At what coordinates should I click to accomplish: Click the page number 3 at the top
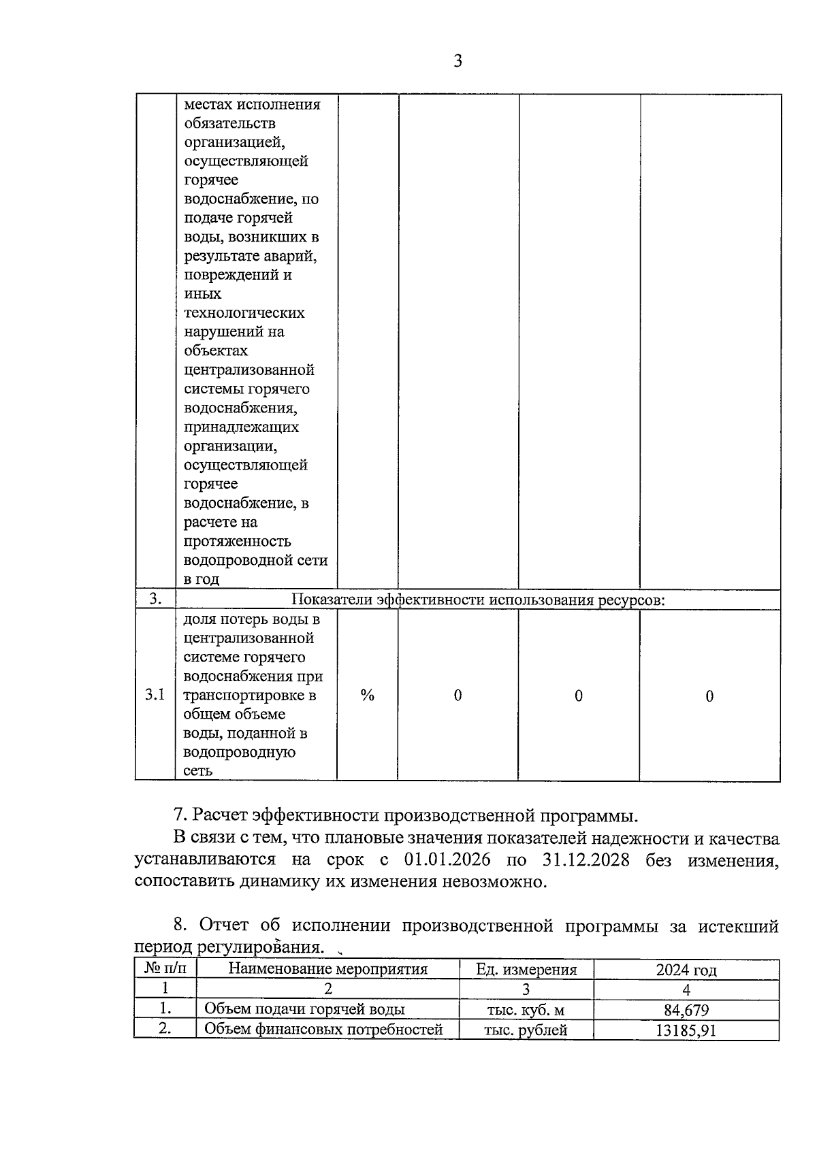tap(458, 61)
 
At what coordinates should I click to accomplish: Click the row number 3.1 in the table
tap(155, 695)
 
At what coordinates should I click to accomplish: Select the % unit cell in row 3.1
tap(368, 695)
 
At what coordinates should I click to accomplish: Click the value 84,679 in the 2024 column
tap(686, 1010)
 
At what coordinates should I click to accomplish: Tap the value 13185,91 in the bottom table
tap(686, 1030)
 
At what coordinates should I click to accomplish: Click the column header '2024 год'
tap(686, 970)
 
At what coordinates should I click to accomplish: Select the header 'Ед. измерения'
tap(526, 970)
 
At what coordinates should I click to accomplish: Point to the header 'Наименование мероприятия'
tap(327, 969)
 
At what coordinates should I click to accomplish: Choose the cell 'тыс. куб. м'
tap(526, 1010)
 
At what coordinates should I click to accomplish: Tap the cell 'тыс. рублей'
tap(526, 1030)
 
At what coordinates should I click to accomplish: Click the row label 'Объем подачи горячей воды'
tap(304, 1009)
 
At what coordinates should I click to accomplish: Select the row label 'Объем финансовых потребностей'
tap(323, 1030)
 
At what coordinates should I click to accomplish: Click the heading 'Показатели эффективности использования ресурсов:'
tap(478, 600)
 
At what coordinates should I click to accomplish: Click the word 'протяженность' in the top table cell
tap(237, 541)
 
